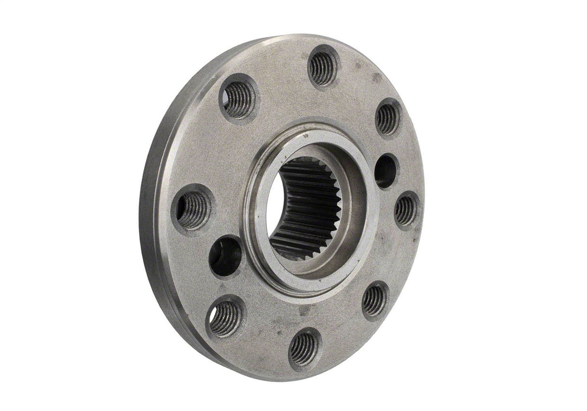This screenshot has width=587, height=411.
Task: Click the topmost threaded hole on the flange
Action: click(323, 68)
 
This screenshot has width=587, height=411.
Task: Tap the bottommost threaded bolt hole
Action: click(304, 349)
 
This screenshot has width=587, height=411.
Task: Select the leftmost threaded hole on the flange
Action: click(192, 209)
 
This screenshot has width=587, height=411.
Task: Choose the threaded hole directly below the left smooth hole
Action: click(225, 318)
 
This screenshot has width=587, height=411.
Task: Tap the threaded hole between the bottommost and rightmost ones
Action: click(375, 300)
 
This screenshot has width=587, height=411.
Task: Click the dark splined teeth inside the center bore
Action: click(309, 208)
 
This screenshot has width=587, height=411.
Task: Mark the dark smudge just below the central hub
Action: click(305, 309)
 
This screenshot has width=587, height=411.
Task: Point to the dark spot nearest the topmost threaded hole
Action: click(358, 65)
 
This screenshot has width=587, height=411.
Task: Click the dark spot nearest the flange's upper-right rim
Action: click(377, 77)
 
